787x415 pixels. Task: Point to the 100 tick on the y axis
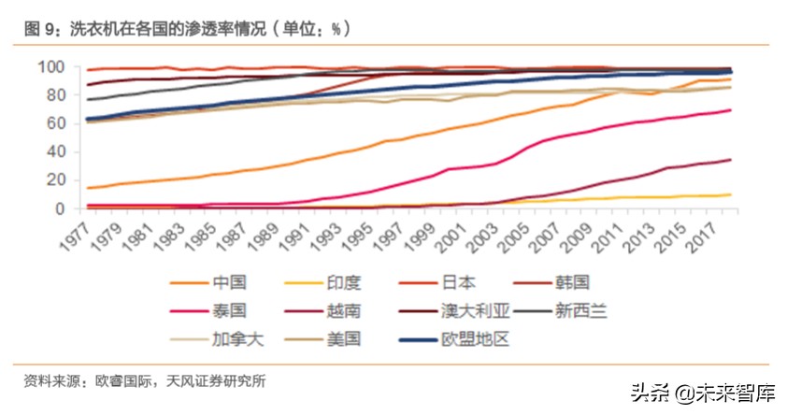click(x=50, y=66)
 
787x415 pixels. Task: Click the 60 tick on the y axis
click(x=53, y=123)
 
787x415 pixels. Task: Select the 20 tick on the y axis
click(x=53, y=179)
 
